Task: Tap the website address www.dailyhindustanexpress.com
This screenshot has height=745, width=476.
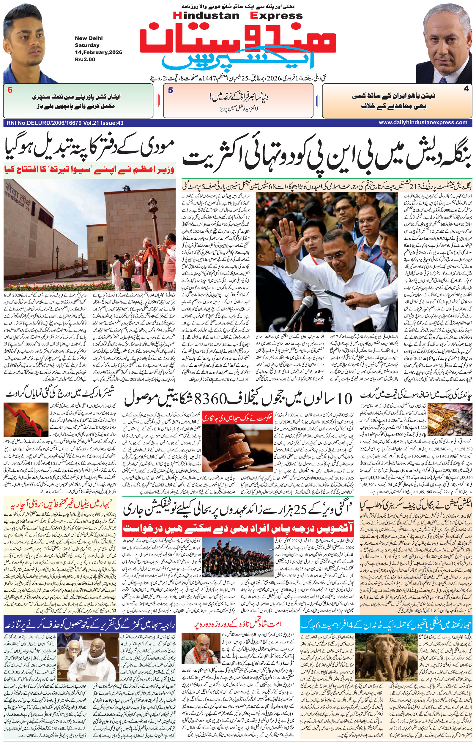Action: coord(423,123)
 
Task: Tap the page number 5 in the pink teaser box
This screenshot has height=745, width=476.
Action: coord(170,91)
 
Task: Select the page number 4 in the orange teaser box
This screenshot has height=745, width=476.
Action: coord(466,89)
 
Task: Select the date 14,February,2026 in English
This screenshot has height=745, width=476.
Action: coord(98,52)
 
